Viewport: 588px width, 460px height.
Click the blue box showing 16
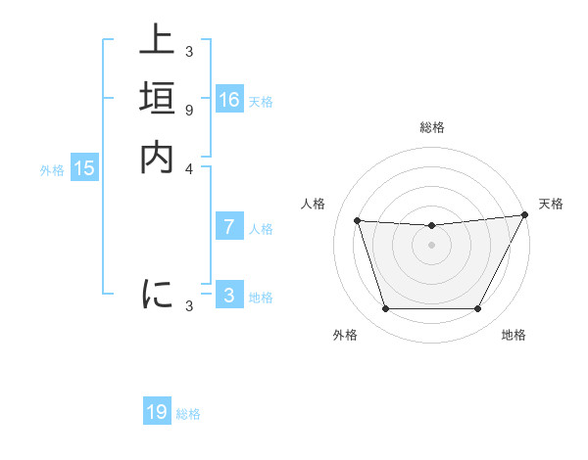(229, 100)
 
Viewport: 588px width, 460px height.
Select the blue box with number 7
(229, 227)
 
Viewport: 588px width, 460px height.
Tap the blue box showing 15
(85, 168)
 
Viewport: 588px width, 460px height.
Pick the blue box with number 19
(157, 412)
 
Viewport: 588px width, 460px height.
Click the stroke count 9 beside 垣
(188, 110)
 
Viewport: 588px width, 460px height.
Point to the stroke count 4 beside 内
(188, 167)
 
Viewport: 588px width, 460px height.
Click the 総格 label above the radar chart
(431, 127)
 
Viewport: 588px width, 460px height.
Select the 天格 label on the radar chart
(551, 204)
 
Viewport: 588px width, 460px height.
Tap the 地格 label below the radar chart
(514, 335)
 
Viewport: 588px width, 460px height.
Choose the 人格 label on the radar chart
(314, 204)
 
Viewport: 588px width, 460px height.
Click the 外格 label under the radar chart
(345, 335)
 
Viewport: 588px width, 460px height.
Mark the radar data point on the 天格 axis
(525, 215)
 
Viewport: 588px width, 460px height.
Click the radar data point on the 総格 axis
(431, 225)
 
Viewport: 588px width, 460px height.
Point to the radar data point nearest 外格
(385, 309)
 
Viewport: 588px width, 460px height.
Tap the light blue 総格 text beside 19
(188, 414)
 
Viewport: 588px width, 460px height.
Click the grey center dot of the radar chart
(431, 246)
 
